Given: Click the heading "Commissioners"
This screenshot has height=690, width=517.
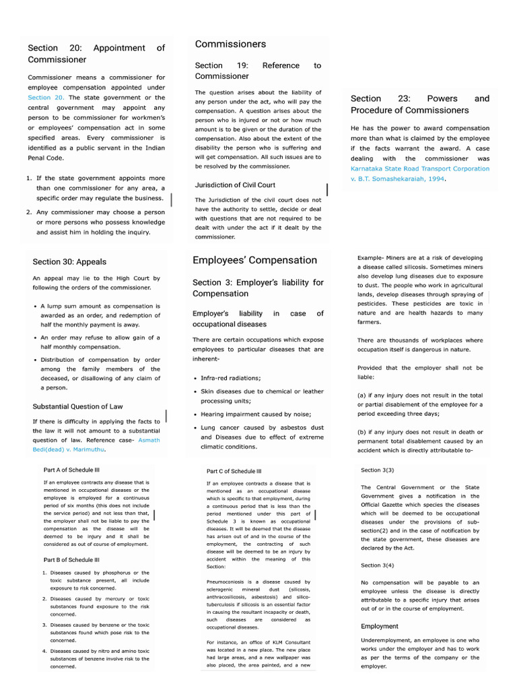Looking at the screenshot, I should pos(230,44).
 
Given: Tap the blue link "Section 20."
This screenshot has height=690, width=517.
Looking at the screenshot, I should pos(45,98).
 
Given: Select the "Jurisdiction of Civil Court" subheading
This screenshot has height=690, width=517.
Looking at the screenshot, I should pos(235,185).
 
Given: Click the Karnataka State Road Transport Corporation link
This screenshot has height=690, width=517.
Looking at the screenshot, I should pos(420,168).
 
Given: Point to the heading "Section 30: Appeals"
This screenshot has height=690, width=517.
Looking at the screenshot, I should pos(69,261).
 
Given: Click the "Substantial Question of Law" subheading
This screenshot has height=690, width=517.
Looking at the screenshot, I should pos(77,406).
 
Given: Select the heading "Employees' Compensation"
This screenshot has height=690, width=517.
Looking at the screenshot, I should pos(254,260).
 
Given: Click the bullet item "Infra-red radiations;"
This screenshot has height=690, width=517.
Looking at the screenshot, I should pos(230,378).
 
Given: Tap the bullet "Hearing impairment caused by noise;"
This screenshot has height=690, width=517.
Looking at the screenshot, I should pos(246,414).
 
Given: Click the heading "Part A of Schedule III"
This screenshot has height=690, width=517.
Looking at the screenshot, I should pos(72,470).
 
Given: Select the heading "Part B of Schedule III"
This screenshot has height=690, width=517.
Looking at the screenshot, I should pos(72,559).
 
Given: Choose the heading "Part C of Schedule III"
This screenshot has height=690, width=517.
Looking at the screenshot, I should pos(234,472).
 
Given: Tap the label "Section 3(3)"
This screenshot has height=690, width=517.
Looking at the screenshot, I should pos(378,470).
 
